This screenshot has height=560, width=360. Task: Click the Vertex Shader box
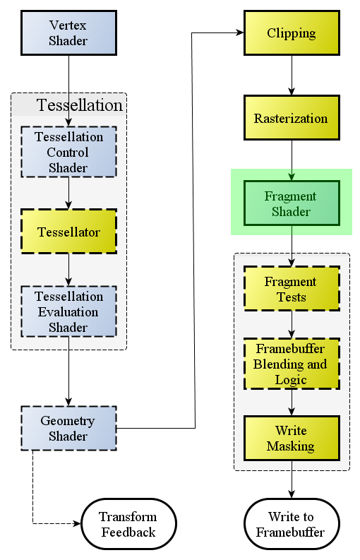pos(69,33)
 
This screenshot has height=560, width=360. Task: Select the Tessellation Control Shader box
pos(69,152)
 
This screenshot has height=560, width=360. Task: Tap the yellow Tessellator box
pos(69,232)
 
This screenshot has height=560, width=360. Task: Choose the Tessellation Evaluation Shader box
pos(69,311)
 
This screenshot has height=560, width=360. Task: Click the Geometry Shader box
pos(69,428)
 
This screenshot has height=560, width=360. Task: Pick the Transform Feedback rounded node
pos(129,524)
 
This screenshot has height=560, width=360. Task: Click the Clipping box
pos(292,33)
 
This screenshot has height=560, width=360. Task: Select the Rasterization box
pos(292,117)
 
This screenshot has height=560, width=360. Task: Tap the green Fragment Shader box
pos(292,203)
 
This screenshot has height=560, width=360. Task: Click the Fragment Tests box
pos(292,289)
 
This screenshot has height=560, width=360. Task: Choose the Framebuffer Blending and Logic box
pos(292,364)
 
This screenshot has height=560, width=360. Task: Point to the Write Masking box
pos(292,439)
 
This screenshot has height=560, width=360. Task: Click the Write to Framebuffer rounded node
pos(292,524)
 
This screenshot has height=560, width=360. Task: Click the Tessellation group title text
pos(79,105)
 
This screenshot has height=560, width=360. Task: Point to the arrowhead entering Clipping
pos(241,33)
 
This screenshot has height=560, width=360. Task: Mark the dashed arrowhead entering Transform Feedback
pos(78,524)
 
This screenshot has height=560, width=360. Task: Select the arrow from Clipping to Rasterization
pos(292,76)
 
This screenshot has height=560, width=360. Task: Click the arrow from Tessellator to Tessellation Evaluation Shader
pos(69,270)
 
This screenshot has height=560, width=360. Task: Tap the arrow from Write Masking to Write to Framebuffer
pos(292,479)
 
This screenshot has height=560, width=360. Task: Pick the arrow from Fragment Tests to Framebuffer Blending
pos(292,325)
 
